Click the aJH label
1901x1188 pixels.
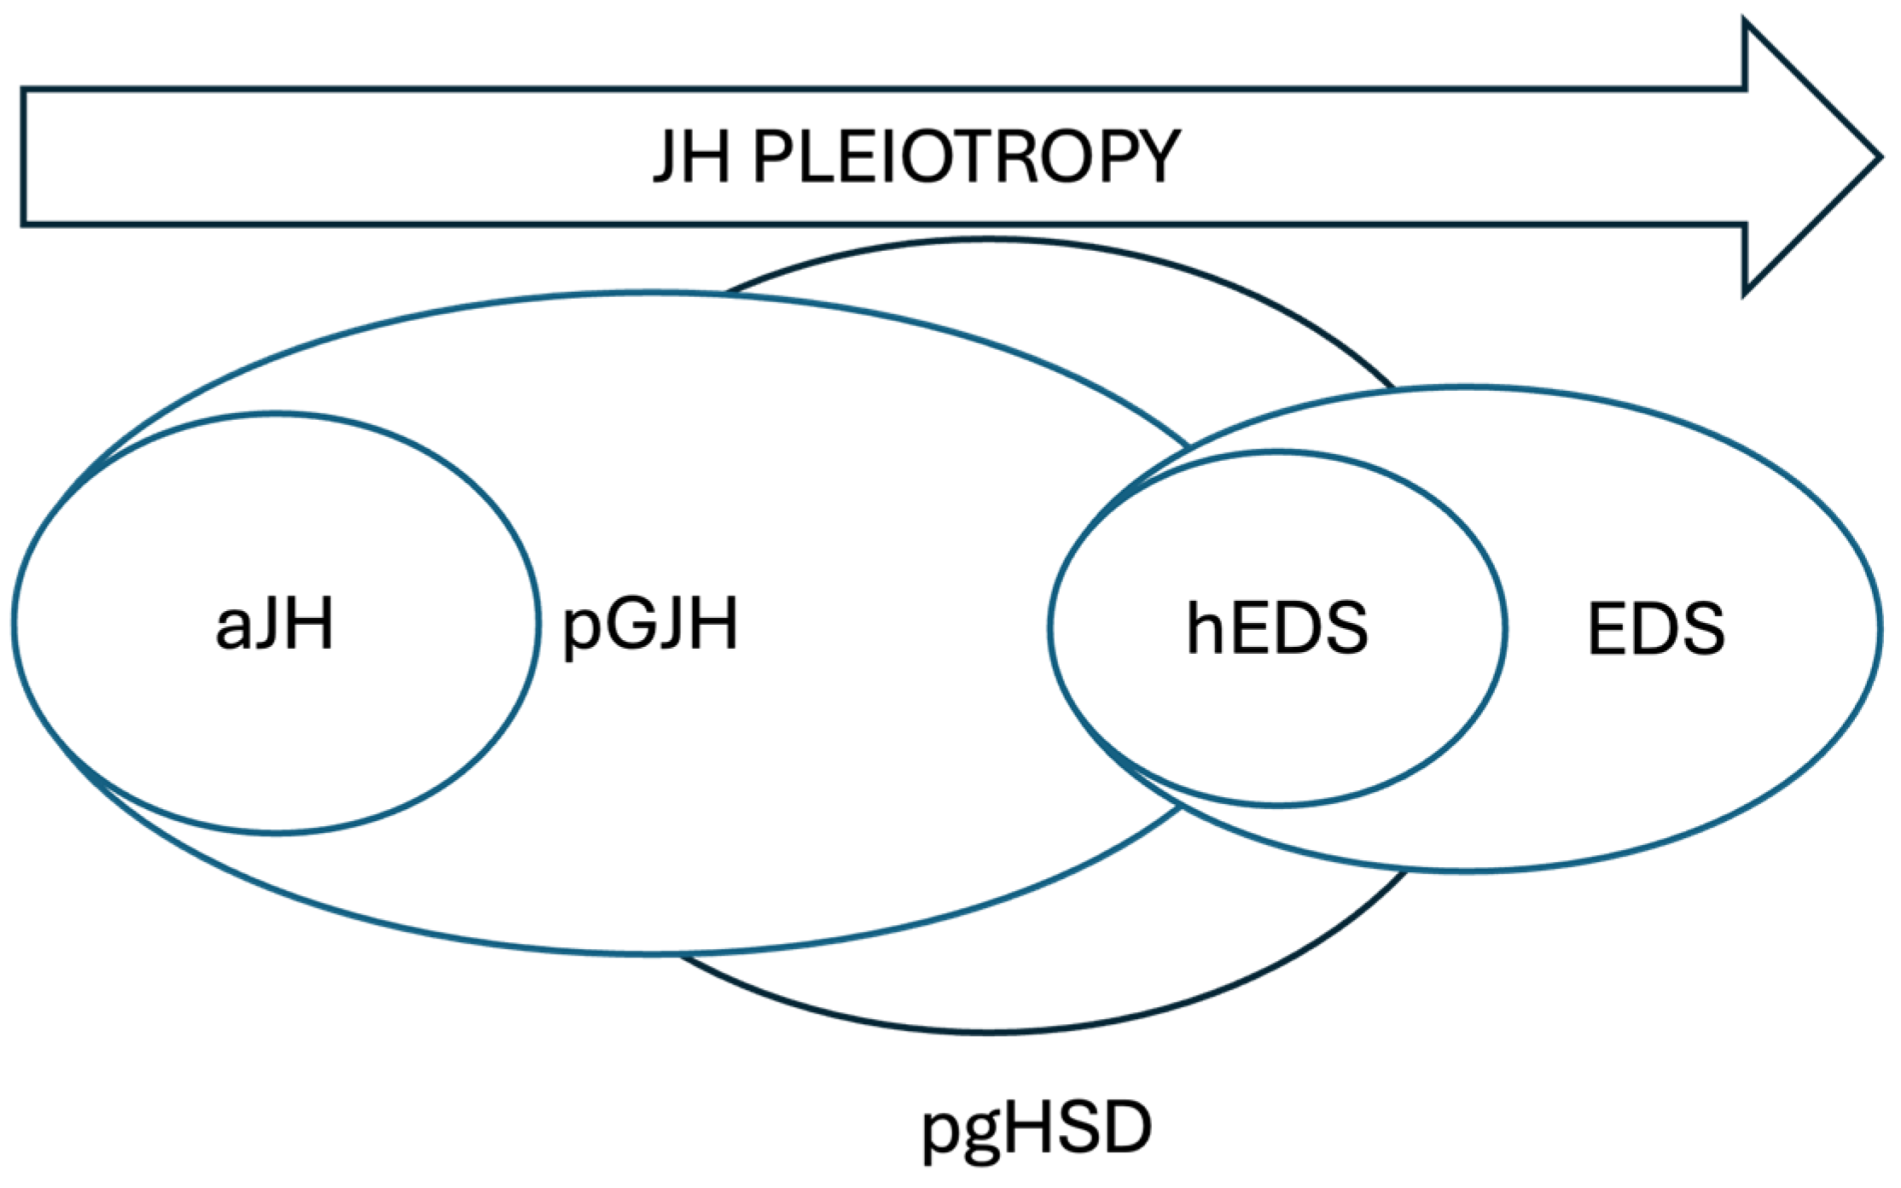275,626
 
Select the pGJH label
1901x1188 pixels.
649,626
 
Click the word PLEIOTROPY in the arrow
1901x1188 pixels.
966,157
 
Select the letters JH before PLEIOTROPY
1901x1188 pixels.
691,157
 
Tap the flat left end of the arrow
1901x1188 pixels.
23,157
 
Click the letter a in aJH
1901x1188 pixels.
232,632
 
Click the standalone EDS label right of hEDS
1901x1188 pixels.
1656,630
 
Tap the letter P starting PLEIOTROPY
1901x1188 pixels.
773,157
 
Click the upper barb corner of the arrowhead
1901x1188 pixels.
1746,23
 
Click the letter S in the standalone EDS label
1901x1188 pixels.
1701,630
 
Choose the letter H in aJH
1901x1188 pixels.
308,626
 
